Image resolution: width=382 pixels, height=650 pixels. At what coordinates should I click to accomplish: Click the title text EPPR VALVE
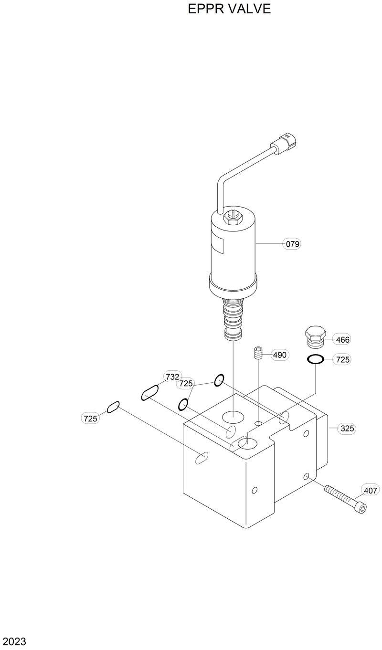pos(229,9)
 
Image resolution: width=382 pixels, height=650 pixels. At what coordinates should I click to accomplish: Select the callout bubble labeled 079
pos(292,244)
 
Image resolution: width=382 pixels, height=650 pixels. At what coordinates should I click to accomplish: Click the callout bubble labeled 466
pos(342,340)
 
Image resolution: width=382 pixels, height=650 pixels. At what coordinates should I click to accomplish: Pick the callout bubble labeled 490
pos(279,355)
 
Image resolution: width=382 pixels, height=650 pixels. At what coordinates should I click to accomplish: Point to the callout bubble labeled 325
pos(347,429)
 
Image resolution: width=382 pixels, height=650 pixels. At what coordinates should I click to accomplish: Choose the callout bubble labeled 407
pos(371,490)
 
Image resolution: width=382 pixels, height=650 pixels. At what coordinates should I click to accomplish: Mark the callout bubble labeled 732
pos(172,377)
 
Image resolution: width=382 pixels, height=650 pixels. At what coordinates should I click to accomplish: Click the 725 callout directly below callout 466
pos(342,360)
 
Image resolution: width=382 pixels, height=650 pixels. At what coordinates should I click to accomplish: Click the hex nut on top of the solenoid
pos(232,217)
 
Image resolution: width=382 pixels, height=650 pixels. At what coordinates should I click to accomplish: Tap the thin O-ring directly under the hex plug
pos(316,359)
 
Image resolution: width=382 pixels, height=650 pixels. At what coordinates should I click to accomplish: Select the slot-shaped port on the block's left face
pos(202,458)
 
